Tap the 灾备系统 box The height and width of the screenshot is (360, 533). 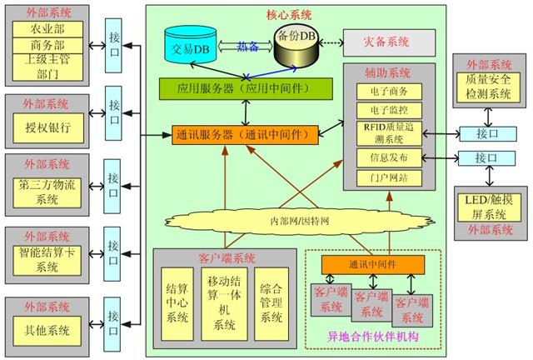coord(386,40)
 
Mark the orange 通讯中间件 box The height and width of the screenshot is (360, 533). coord(373,264)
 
